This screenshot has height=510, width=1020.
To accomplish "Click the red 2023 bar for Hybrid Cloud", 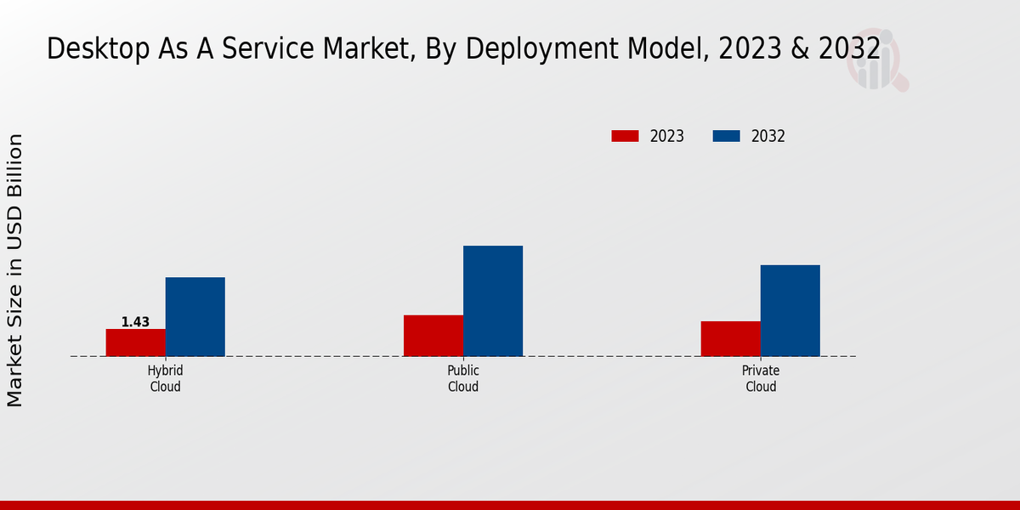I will coord(136,343).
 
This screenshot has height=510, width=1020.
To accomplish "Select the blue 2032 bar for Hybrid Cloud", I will coord(195,316).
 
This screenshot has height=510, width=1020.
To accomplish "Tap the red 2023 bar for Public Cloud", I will coord(433,336).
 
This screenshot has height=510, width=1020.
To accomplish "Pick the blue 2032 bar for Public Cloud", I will coord(493,301).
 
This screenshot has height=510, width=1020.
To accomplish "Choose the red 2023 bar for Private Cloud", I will coord(731,338).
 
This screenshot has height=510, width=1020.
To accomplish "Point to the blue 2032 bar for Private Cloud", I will coord(790,310).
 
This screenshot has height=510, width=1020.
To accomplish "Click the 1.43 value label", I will coord(135,322).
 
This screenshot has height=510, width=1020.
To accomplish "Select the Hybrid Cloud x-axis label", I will coord(166,379).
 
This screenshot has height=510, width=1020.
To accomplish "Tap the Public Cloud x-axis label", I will coord(463,379).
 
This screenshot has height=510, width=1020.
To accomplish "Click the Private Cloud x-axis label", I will coord(761,379).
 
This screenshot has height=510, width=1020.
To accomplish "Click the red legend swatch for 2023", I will coord(625,136).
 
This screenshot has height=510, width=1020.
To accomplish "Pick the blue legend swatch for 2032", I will coord(726,136).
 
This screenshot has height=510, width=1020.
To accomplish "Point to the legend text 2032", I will coord(768,136).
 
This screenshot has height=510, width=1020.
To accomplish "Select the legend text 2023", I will coord(667,136).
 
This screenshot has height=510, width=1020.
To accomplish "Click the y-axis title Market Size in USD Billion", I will coord(15,269).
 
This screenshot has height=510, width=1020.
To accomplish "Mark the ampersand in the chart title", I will coord(799,49).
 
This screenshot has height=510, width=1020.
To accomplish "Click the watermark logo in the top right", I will coord(876,59).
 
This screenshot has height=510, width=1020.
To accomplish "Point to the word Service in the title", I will coord(259,49).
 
